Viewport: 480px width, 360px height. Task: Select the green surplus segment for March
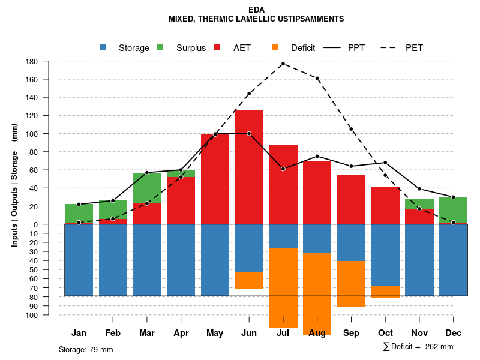(x=147, y=188)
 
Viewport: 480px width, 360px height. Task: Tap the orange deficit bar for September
(x=351, y=284)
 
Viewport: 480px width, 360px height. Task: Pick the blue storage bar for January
(x=79, y=260)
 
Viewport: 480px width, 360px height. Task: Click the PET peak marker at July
(x=283, y=64)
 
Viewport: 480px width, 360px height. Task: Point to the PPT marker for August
(x=317, y=156)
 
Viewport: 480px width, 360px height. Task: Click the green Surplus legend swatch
(x=160, y=47)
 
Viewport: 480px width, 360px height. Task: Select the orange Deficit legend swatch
(x=275, y=47)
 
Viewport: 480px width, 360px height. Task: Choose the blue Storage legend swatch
(x=103, y=47)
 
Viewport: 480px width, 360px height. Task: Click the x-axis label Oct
(x=385, y=333)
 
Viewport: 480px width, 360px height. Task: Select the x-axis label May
(x=215, y=333)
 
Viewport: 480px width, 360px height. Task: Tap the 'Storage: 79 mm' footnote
(x=86, y=349)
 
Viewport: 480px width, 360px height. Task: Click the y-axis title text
(x=14, y=185)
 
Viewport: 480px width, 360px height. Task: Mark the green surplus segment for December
(x=454, y=210)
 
